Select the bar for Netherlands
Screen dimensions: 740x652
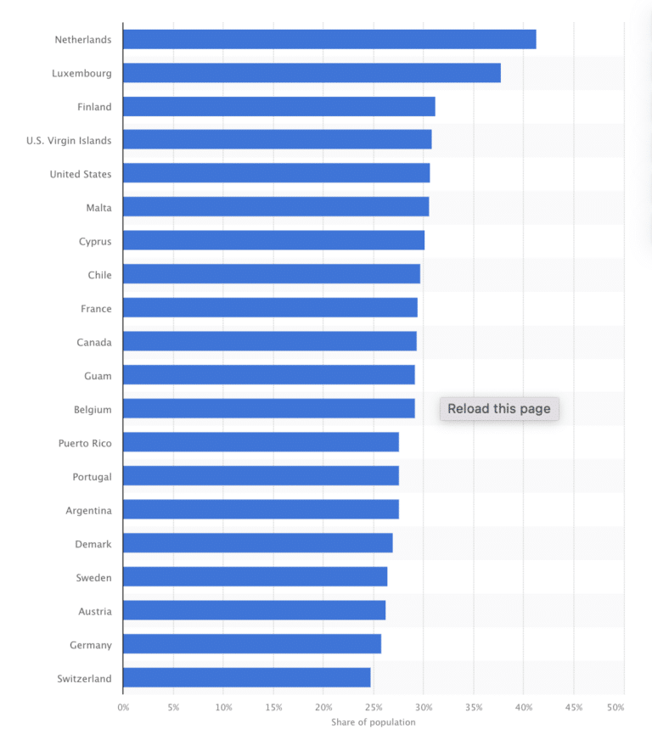pyautogui.click(x=329, y=39)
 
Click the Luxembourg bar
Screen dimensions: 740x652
pyautogui.click(x=312, y=73)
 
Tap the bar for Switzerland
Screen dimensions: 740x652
pyautogui.click(x=246, y=677)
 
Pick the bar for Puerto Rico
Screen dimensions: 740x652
pyautogui.click(x=261, y=442)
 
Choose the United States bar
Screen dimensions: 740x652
pyautogui.click(x=276, y=174)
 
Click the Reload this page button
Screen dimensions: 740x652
pyautogui.click(x=499, y=409)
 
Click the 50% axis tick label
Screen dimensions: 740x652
pyautogui.click(x=616, y=707)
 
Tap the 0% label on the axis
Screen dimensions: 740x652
pyautogui.click(x=123, y=707)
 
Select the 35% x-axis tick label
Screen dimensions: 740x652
pyautogui.click(x=474, y=707)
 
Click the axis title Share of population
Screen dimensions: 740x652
pyautogui.click(x=374, y=722)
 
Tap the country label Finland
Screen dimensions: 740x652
pyautogui.click(x=94, y=107)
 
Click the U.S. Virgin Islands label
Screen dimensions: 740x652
pyautogui.click(x=69, y=140)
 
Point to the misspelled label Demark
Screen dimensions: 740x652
pyautogui.click(x=93, y=544)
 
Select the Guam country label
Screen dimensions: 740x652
pyautogui.click(x=98, y=376)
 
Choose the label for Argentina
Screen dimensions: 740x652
pyautogui.click(x=88, y=510)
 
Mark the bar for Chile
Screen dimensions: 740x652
pyautogui.click(x=272, y=274)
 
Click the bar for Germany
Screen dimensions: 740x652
pyautogui.click(x=251, y=644)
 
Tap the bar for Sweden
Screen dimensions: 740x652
pyautogui.click(x=255, y=577)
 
